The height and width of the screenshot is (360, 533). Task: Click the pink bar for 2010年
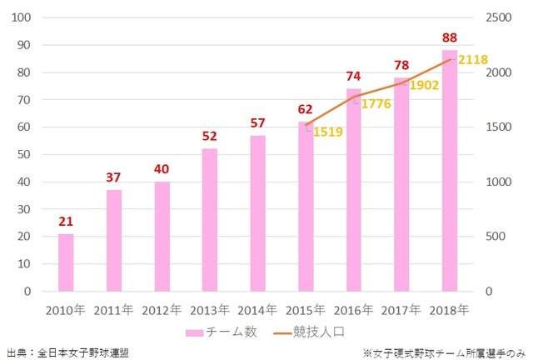(x=66, y=262)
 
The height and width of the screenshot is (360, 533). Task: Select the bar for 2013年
(x=210, y=220)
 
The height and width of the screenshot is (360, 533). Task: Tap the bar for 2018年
(x=450, y=171)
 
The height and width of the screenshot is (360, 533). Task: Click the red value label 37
(x=114, y=177)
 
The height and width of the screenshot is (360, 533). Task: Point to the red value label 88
(x=450, y=37)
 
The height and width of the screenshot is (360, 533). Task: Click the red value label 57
(x=258, y=122)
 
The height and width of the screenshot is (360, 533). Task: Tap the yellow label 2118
(x=472, y=60)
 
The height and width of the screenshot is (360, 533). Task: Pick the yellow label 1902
(x=424, y=86)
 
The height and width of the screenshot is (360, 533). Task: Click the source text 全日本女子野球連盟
(x=82, y=352)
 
